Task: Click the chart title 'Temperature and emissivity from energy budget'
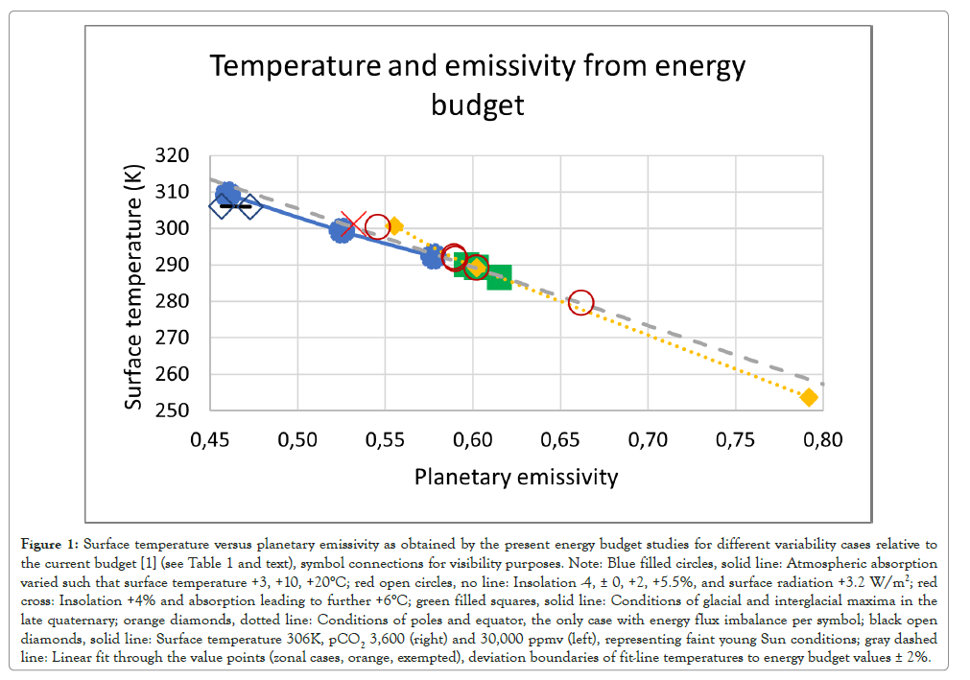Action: pos(478,84)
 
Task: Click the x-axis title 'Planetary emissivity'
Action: pos(516,477)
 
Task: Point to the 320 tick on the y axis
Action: pos(172,155)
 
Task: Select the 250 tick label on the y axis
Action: pos(172,410)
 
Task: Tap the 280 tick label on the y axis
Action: pos(172,301)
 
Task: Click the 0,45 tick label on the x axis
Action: pos(209,440)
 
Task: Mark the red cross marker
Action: pos(352,226)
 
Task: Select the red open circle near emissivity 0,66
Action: pos(580,302)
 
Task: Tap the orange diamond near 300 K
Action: pos(393,226)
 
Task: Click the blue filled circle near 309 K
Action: pos(228,195)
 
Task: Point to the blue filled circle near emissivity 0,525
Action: pos(342,230)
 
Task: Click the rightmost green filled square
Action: pos(499,278)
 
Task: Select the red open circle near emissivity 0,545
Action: pos(377,226)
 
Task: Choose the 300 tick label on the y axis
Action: pos(172,228)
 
